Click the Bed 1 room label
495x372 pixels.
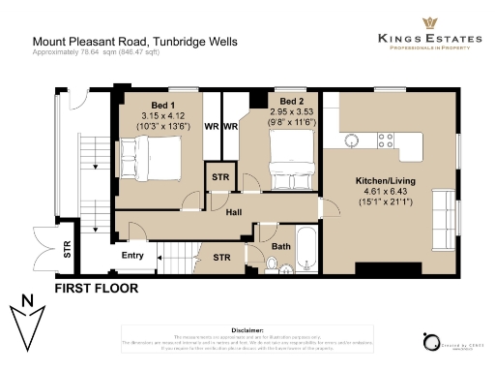pyautogui.click(x=162, y=105)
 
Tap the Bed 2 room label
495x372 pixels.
pyautogui.click(x=292, y=102)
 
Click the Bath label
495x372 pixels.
pyautogui.click(x=280, y=247)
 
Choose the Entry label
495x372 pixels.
pyautogui.click(x=132, y=256)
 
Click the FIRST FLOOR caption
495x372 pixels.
pyautogui.click(x=96, y=288)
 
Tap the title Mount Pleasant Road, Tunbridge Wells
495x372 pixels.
pyautogui.click(x=134, y=42)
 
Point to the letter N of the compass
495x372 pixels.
pyautogui.click(x=27, y=299)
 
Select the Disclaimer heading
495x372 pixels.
pyautogui.click(x=247, y=330)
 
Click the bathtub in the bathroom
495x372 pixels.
pyautogui.click(x=308, y=251)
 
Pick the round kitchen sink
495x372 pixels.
pyautogui.click(x=354, y=139)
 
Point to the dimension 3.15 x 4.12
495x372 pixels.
pyautogui.click(x=162, y=115)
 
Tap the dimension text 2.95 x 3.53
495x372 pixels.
pyautogui.click(x=292, y=112)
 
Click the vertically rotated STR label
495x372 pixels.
pyautogui.click(x=67, y=247)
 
